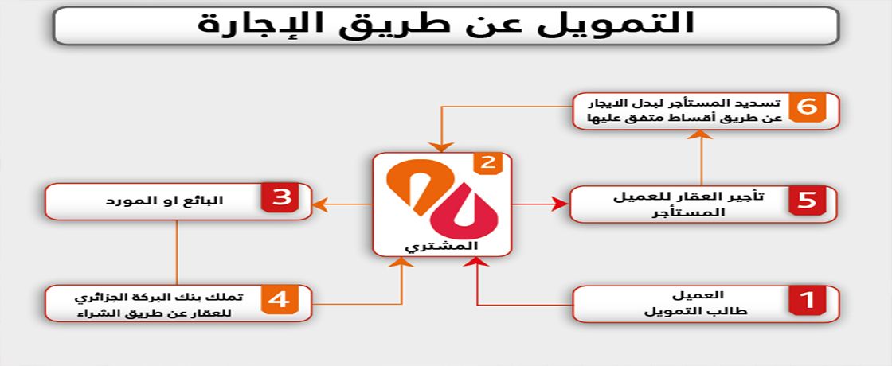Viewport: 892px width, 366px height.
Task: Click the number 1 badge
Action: [807, 300]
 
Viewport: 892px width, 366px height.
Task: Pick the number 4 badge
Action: [280, 300]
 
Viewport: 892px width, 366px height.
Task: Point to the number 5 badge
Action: [807, 200]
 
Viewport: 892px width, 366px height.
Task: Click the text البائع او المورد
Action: [164, 201]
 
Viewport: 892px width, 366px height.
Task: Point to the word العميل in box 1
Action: [706, 295]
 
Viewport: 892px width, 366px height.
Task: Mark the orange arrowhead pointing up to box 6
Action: [703, 134]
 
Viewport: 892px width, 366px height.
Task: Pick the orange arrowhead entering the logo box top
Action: [442, 147]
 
